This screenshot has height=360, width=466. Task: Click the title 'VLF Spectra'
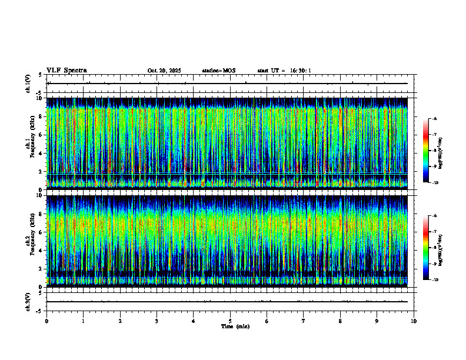pyautogui.click(x=66, y=71)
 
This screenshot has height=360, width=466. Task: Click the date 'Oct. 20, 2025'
pyautogui.click(x=164, y=71)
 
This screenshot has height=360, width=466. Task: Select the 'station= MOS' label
pyautogui.click(x=218, y=71)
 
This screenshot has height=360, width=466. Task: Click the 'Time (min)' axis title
pyautogui.click(x=235, y=326)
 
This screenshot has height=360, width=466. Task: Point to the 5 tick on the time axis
pyautogui.click(x=230, y=321)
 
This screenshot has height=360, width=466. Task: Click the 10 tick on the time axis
pyautogui.click(x=414, y=321)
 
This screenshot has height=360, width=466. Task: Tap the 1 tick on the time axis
pyautogui.click(x=84, y=321)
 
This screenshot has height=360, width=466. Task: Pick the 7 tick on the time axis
pyautogui.click(x=304, y=321)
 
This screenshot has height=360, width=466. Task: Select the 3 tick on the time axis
pyautogui.click(x=157, y=321)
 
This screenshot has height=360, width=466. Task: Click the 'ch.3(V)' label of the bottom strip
pyautogui.click(x=28, y=301)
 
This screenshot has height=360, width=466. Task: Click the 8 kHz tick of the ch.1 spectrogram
pyautogui.click(x=41, y=116)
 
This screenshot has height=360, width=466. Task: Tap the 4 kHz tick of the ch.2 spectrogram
pyautogui.click(x=41, y=251)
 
